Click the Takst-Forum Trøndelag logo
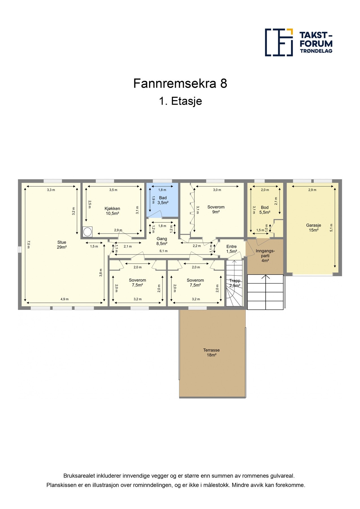(298, 42)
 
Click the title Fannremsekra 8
(180, 83)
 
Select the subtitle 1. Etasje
(180, 101)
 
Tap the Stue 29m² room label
(62, 245)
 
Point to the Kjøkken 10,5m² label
(112, 211)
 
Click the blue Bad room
(163, 200)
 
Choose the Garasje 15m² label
(313, 228)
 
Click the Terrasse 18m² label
(211, 352)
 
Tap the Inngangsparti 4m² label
(265, 256)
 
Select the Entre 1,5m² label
(231, 249)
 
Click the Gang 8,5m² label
(162, 241)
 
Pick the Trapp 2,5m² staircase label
(235, 283)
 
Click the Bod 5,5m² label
(265, 210)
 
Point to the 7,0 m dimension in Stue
(28, 244)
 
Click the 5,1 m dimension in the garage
(331, 228)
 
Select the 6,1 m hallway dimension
(163, 251)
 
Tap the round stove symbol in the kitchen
(87, 232)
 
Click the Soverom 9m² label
(216, 209)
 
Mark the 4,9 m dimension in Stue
(64, 299)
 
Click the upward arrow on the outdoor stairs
(265, 277)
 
